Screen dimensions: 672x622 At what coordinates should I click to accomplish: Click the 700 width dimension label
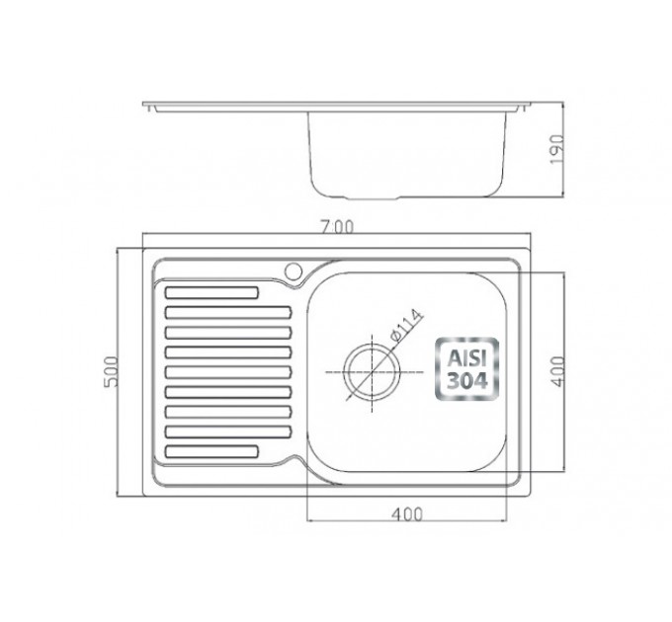pos(338,227)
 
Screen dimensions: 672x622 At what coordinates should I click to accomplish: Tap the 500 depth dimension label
pos(111,371)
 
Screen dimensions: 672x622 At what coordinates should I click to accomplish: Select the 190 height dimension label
pos(557,149)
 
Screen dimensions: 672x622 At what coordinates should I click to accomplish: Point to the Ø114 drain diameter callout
pos(406,325)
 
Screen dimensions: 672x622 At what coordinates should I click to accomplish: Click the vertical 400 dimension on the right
pos(558,371)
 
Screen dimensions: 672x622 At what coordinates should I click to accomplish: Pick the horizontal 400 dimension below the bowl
pos(407,513)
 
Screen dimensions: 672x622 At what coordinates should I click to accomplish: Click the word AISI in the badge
pos(467,358)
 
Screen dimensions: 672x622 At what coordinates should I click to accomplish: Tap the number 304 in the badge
pos(467,380)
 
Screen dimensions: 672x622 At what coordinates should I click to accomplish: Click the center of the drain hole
pos(372,372)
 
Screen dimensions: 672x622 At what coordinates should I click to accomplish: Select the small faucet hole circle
pos(294,271)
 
